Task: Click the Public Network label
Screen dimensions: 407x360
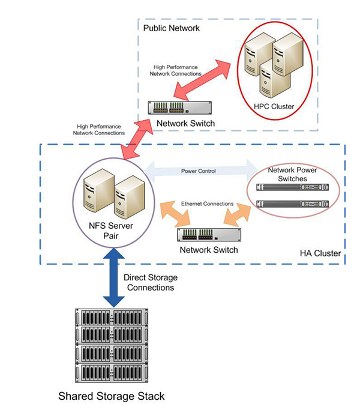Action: [x=171, y=28]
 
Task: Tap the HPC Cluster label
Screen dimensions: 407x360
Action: [x=274, y=106]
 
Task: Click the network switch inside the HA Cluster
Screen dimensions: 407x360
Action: [x=208, y=234]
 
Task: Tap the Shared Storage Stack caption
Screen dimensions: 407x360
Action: [x=111, y=396]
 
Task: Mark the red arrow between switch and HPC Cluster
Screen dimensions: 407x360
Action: [x=204, y=76]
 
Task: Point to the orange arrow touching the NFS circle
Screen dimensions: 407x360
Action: [x=175, y=215]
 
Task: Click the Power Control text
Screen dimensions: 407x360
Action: [x=198, y=170]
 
